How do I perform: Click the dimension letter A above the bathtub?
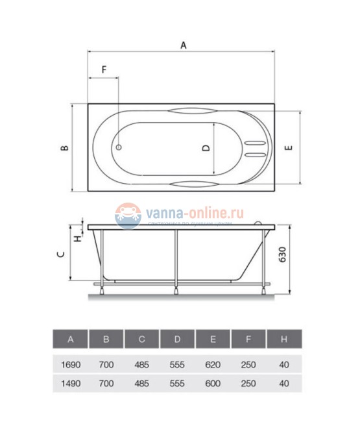pos(183,45)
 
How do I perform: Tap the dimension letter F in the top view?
pos(103,69)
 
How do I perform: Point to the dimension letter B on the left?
pos(64,148)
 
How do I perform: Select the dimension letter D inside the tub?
pos(206,148)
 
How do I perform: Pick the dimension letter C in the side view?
pos(60,254)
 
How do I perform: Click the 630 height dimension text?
pos(283,255)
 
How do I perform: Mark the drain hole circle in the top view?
pos(119,147)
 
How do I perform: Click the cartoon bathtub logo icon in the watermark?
pos(128,215)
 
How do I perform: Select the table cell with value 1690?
pos(70,365)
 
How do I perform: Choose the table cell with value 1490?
pos(70,383)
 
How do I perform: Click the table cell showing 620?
pos(213,365)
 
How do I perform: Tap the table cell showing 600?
pos(213,383)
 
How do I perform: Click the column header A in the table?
pos(70,340)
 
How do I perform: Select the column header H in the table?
pos(284,340)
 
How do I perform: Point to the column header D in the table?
pos(177,340)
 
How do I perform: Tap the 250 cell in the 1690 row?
pos(248,365)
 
